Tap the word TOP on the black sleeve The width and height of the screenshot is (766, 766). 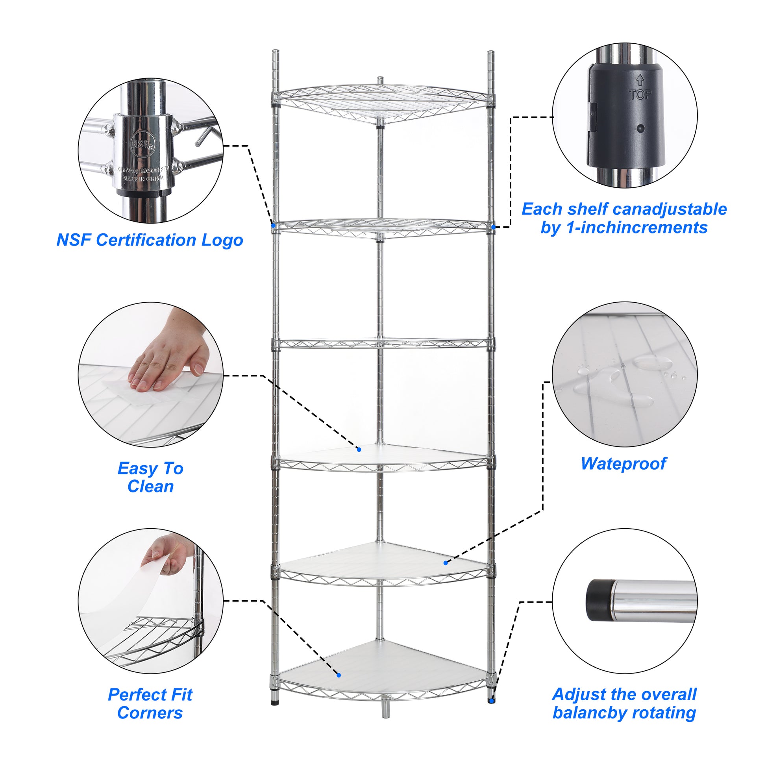pyautogui.click(x=640, y=94)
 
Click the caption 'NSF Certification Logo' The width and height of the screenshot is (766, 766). pyautogui.click(x=150, y=240)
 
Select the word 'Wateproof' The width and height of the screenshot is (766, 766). pyautogui.click(x=623, y=463)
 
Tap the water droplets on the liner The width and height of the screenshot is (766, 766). pyautogui.click(x=618, y=377)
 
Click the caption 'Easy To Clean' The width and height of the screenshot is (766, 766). pyautogui.click(x=150, y=477)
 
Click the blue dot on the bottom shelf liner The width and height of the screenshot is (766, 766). pyautogui.click(x=339, y=675)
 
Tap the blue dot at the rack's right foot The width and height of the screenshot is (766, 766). pyautogui.click(x=492, y=701)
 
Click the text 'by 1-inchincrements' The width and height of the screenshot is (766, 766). pyautogui.click(x=624, y=228)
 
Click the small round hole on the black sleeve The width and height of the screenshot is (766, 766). pyautogui.click(x=640, y=128)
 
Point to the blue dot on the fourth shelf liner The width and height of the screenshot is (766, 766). pyautogui.click(x=359, y=449)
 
